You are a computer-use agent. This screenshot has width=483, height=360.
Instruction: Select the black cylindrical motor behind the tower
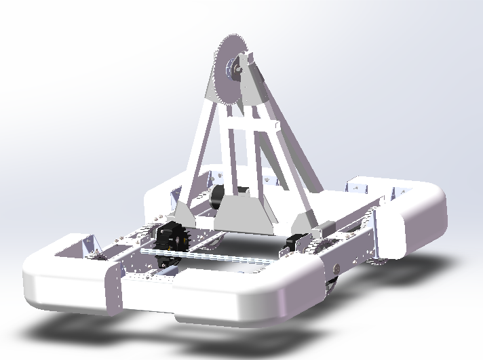(218, 199)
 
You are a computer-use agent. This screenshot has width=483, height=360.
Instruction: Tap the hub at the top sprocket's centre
(239, 66)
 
